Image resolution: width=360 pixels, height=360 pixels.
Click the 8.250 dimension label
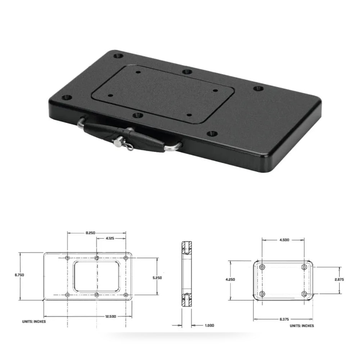[x=90, y=233]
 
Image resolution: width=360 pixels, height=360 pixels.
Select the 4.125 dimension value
[x=110, y=238]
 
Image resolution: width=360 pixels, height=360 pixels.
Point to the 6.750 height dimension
[x=19, y=275]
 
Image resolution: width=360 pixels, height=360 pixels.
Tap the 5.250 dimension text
[x=157, y=278]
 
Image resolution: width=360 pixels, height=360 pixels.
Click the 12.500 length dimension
[x=111, y=316]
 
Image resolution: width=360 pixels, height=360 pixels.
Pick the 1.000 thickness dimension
[x=210, y=325]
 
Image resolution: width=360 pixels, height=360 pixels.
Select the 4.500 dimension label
[x=284, y=240]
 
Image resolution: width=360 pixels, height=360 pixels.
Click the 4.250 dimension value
[x=230, y=279]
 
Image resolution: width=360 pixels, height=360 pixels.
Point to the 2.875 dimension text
[x=339, y=279]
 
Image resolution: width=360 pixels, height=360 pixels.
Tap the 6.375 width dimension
[x=284, y=319]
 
